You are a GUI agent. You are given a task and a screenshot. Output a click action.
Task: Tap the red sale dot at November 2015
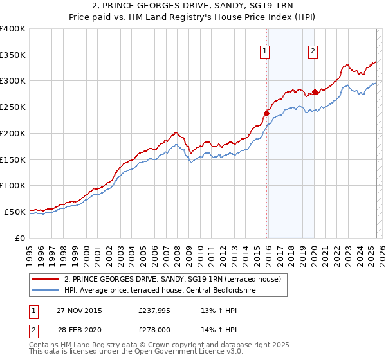266,113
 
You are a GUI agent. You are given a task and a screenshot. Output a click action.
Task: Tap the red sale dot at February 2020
315,92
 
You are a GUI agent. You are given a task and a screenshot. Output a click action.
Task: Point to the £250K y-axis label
13,107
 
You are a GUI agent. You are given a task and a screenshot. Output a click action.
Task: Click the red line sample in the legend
46,280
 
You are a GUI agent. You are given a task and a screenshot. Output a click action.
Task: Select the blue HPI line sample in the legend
46,291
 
